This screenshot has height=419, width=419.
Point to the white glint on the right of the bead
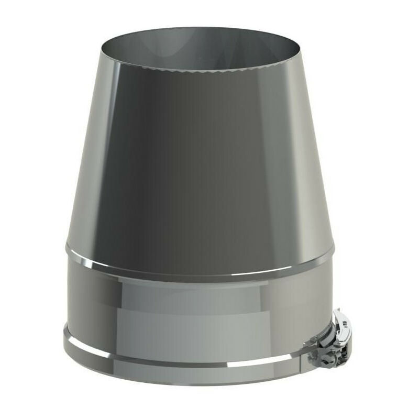309,262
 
